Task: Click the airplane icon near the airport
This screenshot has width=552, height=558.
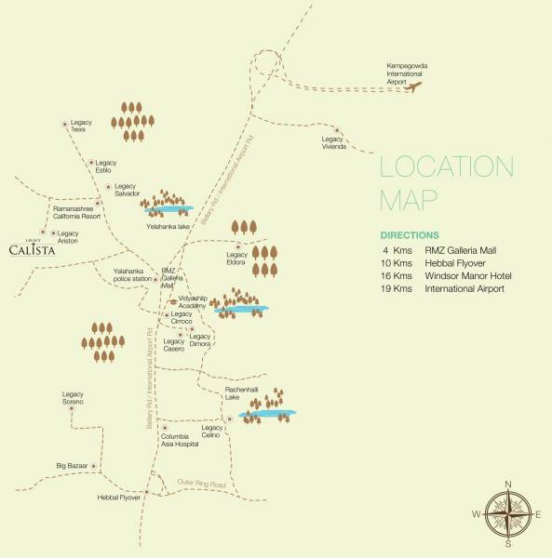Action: click(414, 87)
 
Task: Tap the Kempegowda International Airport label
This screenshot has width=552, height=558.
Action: click(407, 73)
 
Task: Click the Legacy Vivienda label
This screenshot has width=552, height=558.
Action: click(334, 143)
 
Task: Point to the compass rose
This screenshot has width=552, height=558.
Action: click(508, 514)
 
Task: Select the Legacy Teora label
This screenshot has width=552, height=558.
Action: click(78, 126)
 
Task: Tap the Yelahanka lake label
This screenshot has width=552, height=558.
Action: click(168, 224)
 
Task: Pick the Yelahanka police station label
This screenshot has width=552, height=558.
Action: click(131, 275)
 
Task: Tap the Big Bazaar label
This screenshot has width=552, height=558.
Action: click(73, 464)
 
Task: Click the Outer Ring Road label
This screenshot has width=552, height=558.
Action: click(202, 485)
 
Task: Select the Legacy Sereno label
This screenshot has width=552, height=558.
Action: click(73, 397)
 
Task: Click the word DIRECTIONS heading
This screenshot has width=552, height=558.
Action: click(415, 235)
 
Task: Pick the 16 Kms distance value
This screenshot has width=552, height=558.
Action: click(397, 275)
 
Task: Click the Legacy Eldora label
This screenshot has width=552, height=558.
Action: click(236, 259)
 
